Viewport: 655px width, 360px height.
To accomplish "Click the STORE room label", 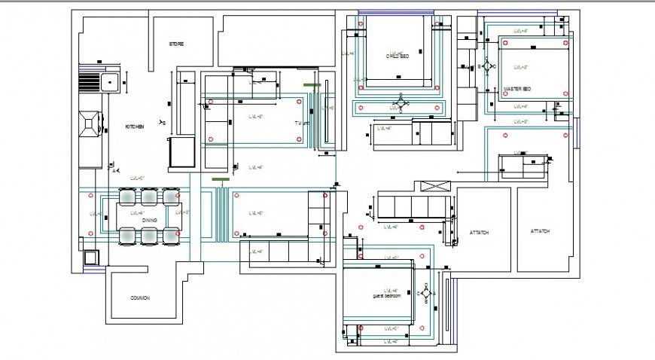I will (x=176, y=44).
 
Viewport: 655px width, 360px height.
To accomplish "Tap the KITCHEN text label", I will (x=135, y=127).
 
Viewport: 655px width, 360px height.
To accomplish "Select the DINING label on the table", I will (x=148, y=221).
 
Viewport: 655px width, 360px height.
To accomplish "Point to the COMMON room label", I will (x=140, y=298).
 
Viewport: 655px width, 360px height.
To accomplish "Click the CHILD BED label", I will (x=397, y=56).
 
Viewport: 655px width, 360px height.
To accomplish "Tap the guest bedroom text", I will (x=387, y=296).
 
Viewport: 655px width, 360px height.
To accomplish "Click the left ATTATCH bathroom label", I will (x=479, y=233).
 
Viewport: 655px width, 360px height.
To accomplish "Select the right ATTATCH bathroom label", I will (x=539, y=231).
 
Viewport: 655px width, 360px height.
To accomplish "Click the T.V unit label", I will (x=302, y=122).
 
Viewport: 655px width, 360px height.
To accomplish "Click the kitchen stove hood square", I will (x=90, y=124).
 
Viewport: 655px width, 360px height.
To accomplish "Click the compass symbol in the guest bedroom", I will (x=426, y=294).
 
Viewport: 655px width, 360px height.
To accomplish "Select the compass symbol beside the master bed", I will (x=487, y=67).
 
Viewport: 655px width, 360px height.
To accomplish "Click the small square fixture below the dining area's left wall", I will (x=91, y=257).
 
